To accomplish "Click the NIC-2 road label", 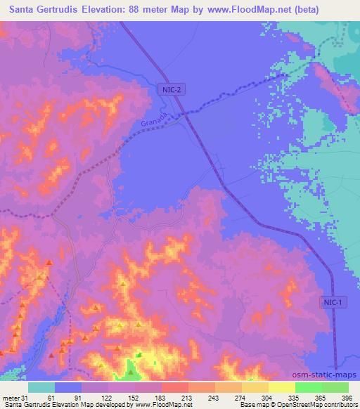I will [166, 89].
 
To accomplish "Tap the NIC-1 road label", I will [333, 301].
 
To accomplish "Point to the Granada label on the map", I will [151, 122].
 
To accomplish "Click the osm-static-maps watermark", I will [324, 374].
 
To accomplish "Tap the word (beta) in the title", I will [298, 10].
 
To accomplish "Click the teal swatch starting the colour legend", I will [41, 387].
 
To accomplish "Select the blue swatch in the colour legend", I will [67, 387].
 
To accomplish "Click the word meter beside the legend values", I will [11, 398].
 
